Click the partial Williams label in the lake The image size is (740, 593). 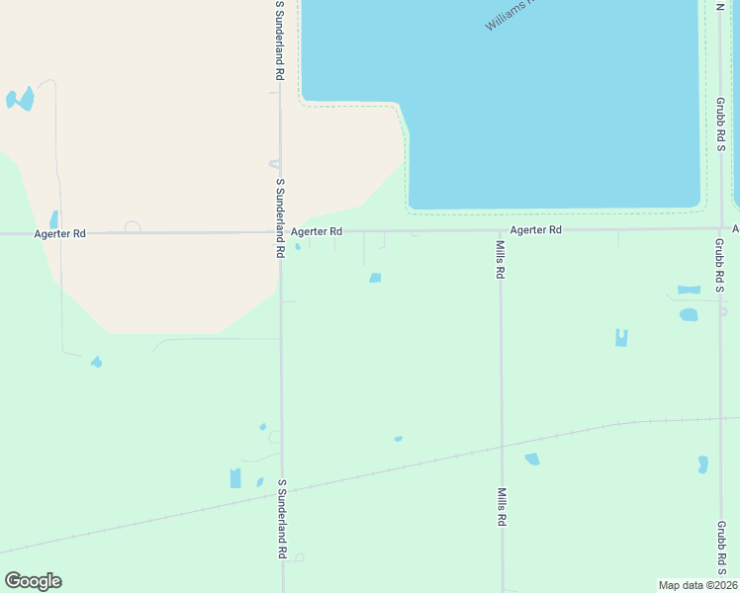[510, 14]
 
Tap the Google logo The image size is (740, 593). [33, 581]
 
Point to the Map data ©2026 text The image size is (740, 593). [696, 584]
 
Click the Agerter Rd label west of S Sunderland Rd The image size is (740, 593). [59, 233]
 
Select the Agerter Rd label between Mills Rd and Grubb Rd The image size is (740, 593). [536, 229]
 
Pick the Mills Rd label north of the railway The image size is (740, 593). [502, 259]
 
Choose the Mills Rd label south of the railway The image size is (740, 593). [503, 506]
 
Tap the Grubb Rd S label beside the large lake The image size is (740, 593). [721, 124]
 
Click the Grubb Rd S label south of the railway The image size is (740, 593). [721, 549]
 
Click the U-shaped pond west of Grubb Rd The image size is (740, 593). [621, 338]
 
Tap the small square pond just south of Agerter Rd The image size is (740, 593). [375, 278]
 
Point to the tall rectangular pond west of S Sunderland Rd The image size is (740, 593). [235, 478]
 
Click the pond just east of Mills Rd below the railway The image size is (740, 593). [532, 459]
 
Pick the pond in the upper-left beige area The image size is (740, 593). [20, 99]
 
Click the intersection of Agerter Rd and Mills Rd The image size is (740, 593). [501, 230]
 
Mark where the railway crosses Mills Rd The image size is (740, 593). [502, 448]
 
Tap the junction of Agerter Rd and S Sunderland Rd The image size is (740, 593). [281, 233]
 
